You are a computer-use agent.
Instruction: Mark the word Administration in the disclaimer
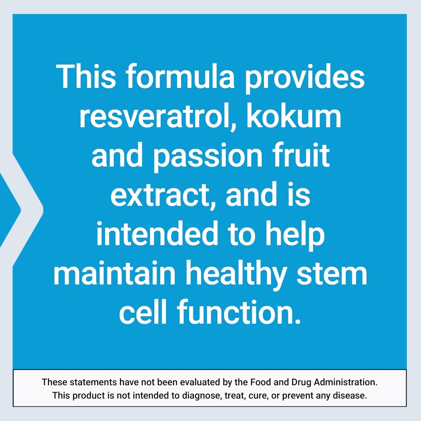click(x=345, y=382)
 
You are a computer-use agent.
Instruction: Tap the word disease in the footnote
click(x=350, y=396)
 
